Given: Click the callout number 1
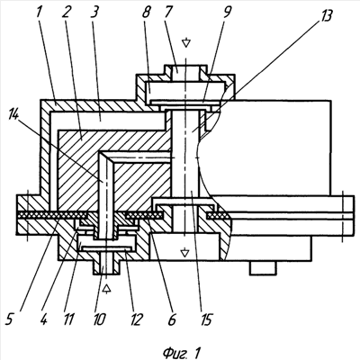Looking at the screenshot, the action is [x=39, y=12].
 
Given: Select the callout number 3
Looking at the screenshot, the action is [x=96, y=12].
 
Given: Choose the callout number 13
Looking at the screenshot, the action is [x=325, y=14].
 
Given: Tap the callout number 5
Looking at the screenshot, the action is [x=9, y=319].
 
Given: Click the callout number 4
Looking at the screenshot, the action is [x=43, y=319].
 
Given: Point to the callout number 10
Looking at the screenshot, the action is [x=99, y=319].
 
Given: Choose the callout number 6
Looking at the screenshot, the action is [x=172, y=319].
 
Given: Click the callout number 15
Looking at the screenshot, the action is [x=205, y=319].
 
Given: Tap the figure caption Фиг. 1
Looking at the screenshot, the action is [x=182, y=352].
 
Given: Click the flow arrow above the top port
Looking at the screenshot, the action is [x=186, y=42].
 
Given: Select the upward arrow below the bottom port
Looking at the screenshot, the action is [x=107, y=288].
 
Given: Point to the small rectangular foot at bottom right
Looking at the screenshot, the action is [x=263, y=267].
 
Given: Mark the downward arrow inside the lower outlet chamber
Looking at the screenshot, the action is [x=185, y=253].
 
